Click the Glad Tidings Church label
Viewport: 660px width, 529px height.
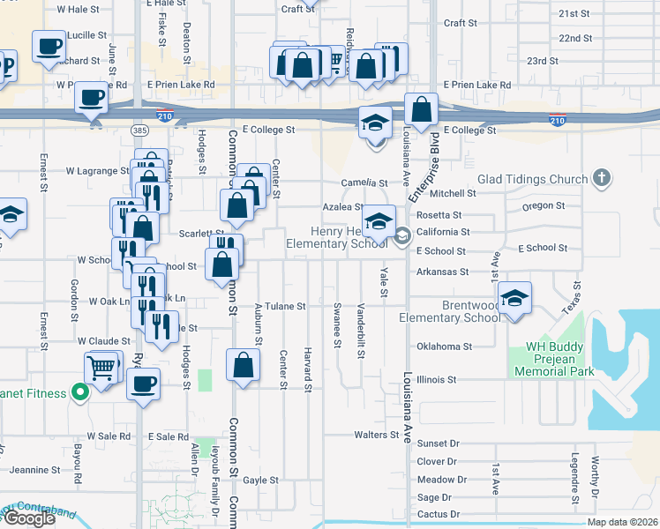click(532, 179)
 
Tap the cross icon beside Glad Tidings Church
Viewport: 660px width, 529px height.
click(602, 178)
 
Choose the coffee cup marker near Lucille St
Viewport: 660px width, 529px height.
click(49, 46)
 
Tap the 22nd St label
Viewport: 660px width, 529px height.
click(575, 38)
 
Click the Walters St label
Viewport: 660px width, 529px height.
click(371, 435)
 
